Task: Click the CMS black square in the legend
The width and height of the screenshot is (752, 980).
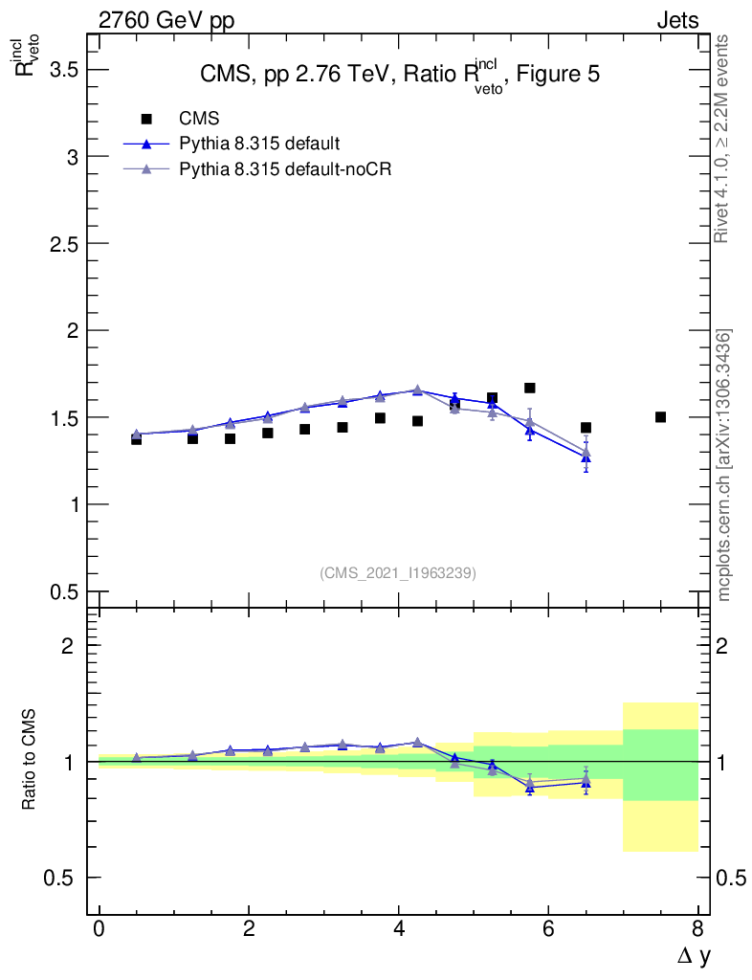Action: point(146,119)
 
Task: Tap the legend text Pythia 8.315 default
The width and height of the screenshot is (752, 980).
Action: point(259,144)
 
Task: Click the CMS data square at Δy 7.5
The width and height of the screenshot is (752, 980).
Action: point(660,417)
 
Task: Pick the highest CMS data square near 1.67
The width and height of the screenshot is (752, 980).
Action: point(529,388)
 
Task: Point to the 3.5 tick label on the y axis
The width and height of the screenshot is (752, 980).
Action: point(59,70)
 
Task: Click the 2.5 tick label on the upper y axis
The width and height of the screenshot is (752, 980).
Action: point(59,244)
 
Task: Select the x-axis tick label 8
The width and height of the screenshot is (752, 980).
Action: point(697,929)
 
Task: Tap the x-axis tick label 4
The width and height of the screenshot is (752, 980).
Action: point(398,929)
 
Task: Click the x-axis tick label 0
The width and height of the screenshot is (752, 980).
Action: point(99,929)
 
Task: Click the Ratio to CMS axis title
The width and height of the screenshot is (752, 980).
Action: point(29,762)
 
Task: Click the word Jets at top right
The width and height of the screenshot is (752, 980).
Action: point(676,20)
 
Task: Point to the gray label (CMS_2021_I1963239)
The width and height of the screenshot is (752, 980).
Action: point(398,573)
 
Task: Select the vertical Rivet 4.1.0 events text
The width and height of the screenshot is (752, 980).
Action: point(722,139)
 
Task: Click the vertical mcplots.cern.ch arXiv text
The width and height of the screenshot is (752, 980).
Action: point(724,465)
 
